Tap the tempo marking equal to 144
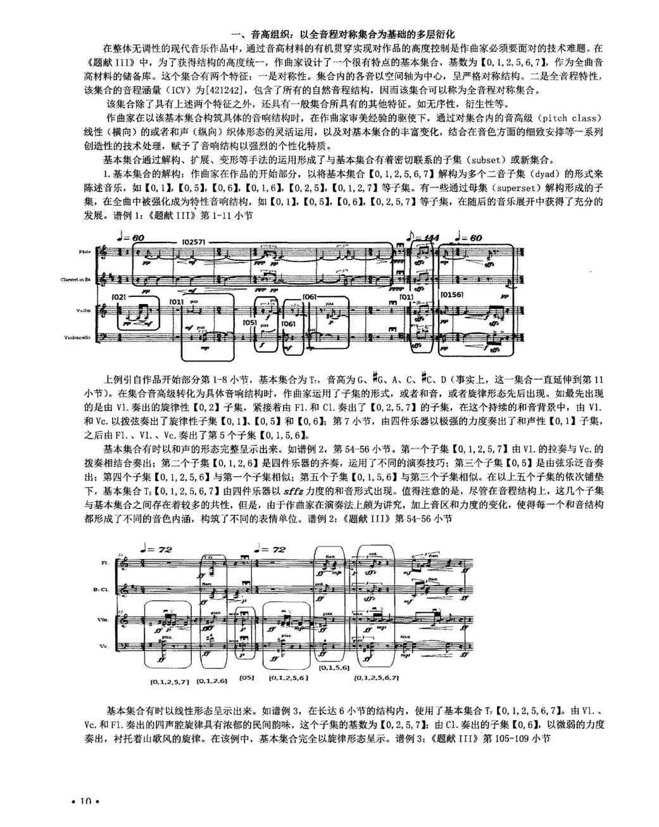426,237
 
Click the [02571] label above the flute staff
192,241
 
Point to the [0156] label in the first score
452,294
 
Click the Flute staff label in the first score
85,253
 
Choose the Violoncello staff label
77,338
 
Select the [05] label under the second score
246,678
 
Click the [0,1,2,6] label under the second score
211,681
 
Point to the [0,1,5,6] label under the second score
334,667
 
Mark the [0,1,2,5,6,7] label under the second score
376,678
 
